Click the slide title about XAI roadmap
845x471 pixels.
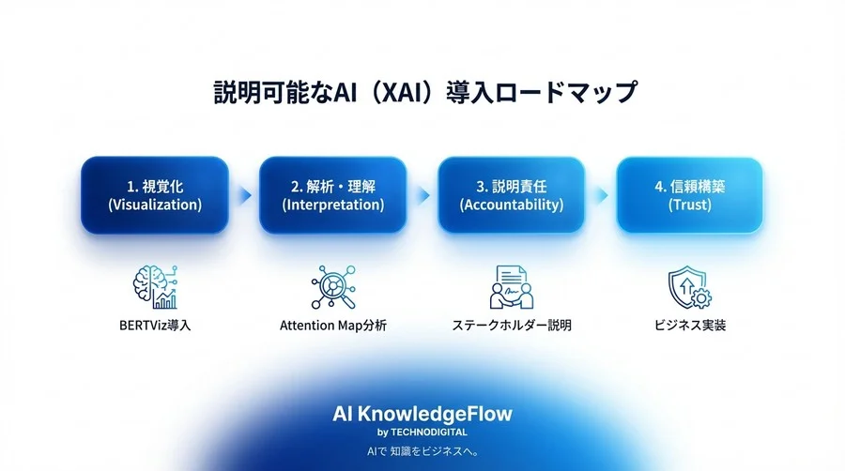click(x=422, y=95)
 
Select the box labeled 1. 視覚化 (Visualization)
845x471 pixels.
click(x=155, y=195)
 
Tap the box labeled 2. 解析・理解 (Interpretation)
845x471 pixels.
click(x=333, y=195)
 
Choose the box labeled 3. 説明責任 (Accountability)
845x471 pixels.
click(x=512, y=195)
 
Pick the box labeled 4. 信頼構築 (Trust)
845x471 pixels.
click(x=690, y=195)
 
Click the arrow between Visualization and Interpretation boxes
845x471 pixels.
click(x=244, y=195)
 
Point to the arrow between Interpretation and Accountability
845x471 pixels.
click(x=422, y=195)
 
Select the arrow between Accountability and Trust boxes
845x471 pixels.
click(x=601, y=195)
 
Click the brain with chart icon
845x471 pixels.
click(x=155, y=286)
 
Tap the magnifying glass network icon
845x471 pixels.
click(x=333, y=286)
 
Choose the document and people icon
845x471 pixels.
click(x=512, y=286)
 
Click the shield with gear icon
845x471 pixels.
click(x=690, y=286)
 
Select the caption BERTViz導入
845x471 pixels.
click(x=155, y=327)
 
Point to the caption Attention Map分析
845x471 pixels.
click(x=333, y=327)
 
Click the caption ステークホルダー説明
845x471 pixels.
click(x=512, y=327)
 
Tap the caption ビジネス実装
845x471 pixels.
click(x=690, y=327)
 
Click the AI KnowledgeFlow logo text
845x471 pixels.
click(x=422, y=413)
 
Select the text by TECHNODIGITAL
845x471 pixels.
click(x=422, y=432)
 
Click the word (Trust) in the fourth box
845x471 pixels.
click(x=690, y=205)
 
